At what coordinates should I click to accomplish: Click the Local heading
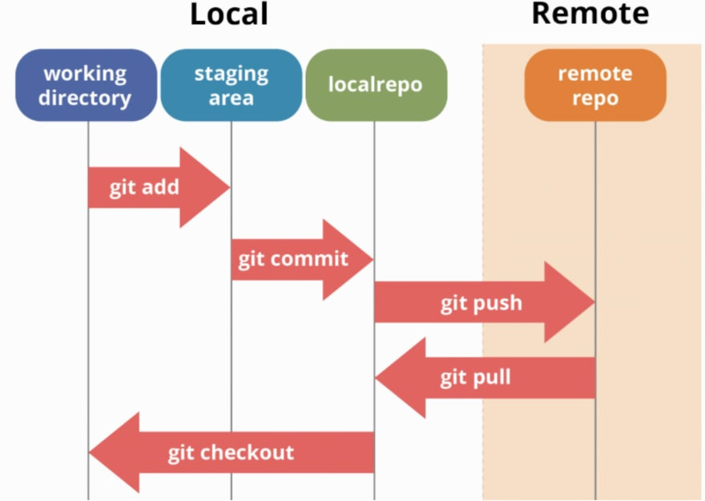(x=228, y=14)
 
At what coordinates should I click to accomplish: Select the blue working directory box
(x=86, y=85)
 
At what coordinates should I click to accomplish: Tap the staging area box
(x=231, y=85)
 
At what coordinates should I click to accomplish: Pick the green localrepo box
(x=375, y=85)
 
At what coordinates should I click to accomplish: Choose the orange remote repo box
(x=595, y=85)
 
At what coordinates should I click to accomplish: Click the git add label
(x=144, y=188)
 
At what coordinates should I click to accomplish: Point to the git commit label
(x=293, y=260)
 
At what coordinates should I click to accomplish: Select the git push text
(x=481, y=303)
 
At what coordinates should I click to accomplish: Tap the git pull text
(x=475, y=377)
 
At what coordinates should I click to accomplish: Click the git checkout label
(x=231, y=452)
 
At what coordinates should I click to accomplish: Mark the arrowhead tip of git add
(x=229, y=188)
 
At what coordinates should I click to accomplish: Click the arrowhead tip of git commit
(x=373, y=260)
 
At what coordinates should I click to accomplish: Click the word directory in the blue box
(x=85, y=98)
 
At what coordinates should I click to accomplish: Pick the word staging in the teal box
(x=231, y=74)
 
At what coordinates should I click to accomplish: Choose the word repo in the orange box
(x=595, y=98)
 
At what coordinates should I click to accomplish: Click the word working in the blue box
(x=85, y=74)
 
